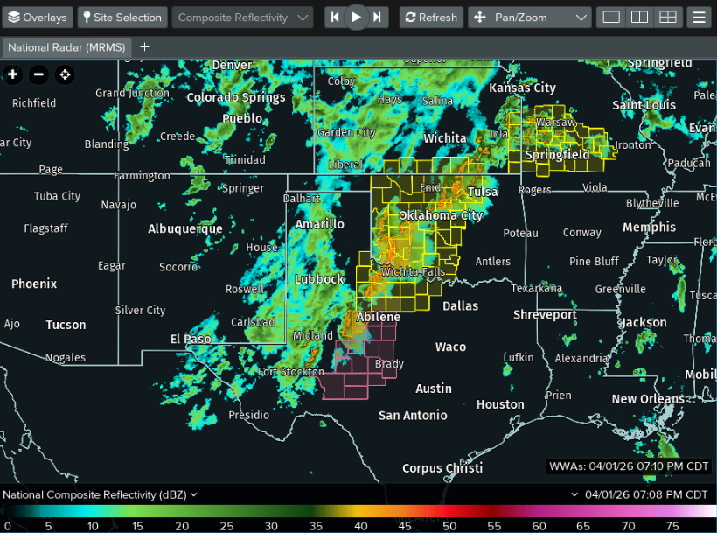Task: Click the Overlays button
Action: point(38,18)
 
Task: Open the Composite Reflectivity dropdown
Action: point(243,18)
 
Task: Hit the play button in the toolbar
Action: point(356,18)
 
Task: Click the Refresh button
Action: point(429,18)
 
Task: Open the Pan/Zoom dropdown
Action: point(531,18)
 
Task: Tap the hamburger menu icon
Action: point(698,18)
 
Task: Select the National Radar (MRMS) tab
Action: point(66,47)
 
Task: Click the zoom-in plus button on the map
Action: point(13,74)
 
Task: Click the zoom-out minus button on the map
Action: point(38,74)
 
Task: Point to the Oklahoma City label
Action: point(441,215)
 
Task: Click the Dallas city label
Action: point(461,306)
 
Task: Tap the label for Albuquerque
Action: point(185,229)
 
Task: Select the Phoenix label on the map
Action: point(34,284)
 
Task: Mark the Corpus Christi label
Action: point(442,468)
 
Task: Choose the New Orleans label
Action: point(648,399)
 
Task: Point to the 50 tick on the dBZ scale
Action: point(449,526)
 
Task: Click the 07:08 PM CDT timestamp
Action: point(646,494)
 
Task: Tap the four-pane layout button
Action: point(668,18)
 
